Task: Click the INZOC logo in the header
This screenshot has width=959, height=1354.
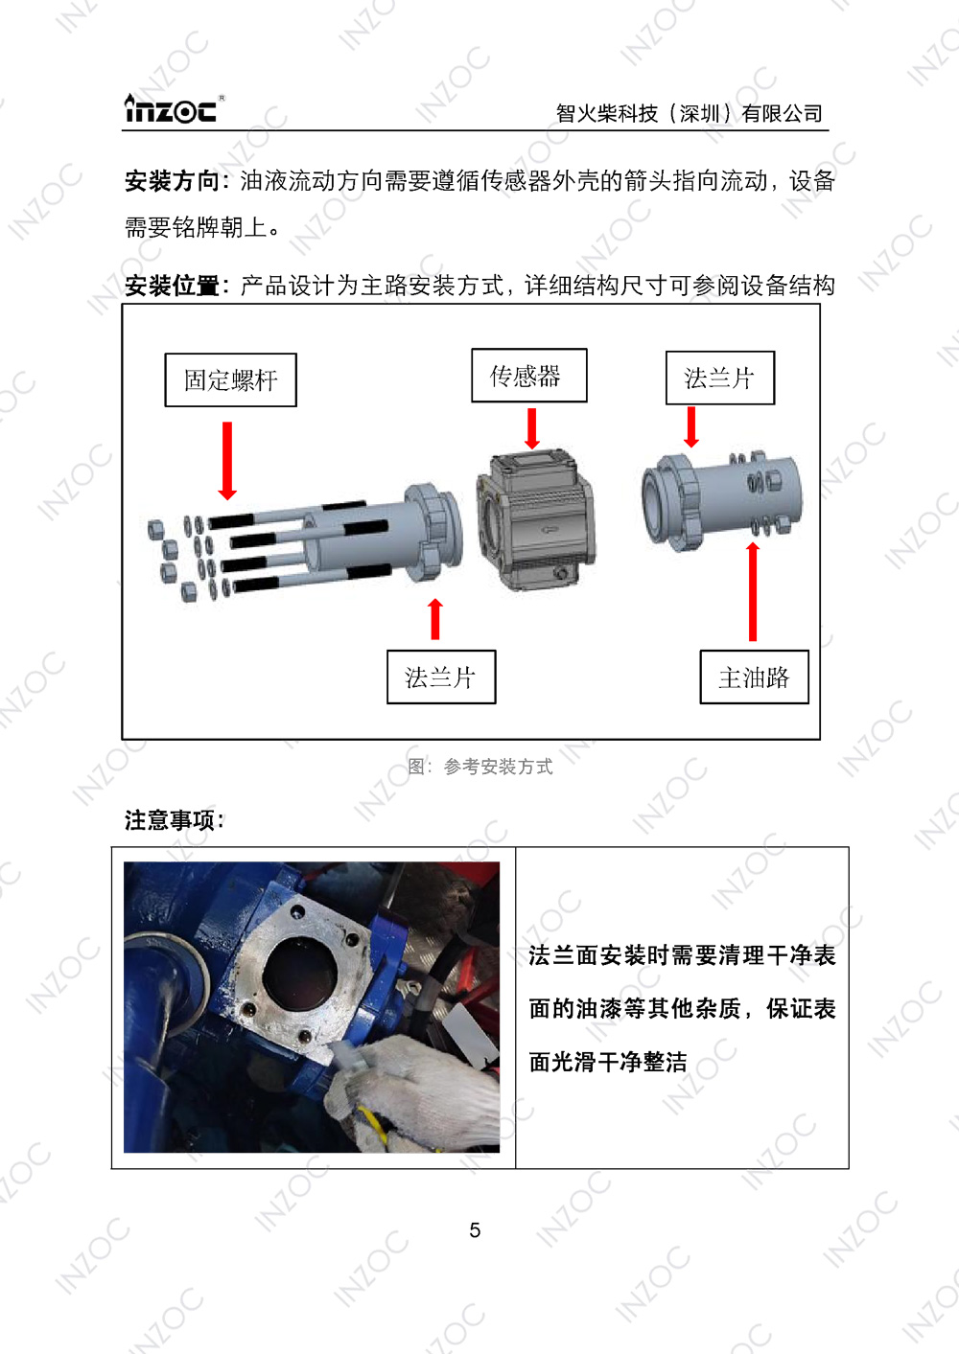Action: point(174,109)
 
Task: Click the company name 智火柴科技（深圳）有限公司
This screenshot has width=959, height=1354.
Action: point(689,114)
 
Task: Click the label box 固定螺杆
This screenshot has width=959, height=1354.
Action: point(230,380)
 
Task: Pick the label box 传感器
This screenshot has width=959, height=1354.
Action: point(528,376)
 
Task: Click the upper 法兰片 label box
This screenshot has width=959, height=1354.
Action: point(719,379)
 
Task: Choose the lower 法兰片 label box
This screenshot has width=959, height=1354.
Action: point(441,677)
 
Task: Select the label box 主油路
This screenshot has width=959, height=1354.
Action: point(754,677)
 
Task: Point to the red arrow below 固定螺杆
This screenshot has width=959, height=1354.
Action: point(227,461)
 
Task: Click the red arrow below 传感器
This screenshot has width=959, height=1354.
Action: point(532,428)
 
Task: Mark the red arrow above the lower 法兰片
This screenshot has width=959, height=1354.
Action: point(435,619)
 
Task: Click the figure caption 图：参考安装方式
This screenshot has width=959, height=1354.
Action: point(479,767)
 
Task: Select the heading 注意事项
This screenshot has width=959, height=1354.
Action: point(174,820)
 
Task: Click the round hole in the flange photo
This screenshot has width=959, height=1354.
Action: point(298,973)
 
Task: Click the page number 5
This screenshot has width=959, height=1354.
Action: point(475,1230)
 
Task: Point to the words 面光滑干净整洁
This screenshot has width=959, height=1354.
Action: point(608,1062)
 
